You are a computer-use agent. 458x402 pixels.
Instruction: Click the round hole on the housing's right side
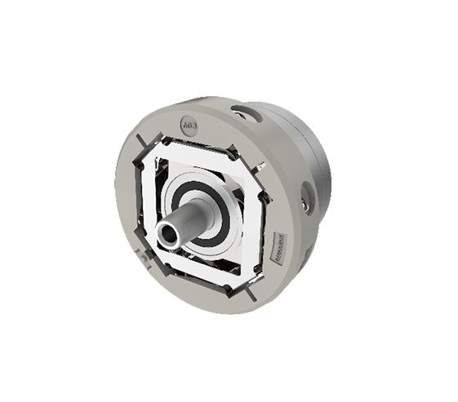pyautogui.click(x=307, y=197)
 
